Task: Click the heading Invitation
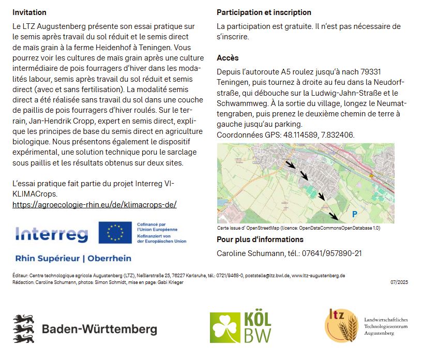coord(29,12)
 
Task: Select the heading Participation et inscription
coord(264,12)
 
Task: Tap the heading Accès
coord(228,58)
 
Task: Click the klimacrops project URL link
coord(94,205)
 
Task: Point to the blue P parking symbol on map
coord(355,214)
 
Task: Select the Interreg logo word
coord(52,234)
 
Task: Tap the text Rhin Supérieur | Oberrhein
coord(73,258)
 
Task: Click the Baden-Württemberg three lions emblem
coord(23,328)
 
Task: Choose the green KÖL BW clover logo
coord(240,328)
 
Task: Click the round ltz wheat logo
coord(341,324)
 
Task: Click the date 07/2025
coord(399,282)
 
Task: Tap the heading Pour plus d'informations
coord(260,239)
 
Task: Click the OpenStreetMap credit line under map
coord(298,228)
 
